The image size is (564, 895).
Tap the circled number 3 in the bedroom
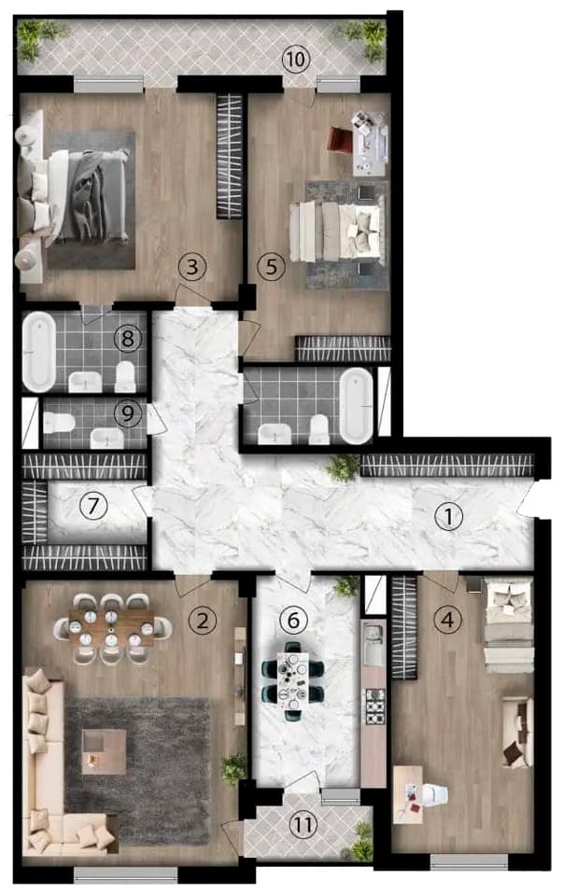point(192,268)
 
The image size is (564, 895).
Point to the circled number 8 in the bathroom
point(129,338)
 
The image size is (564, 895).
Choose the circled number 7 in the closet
point(92,506)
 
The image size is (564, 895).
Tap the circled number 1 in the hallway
point(451,515)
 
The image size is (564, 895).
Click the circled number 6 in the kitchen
point(293,618)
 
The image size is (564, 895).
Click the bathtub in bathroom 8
point(39,352)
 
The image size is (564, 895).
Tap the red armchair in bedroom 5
point(338,139)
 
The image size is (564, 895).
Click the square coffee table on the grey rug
point(102,752)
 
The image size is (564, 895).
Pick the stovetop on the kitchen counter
point(374,706)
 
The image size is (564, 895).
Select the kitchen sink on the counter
point(374,642)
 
